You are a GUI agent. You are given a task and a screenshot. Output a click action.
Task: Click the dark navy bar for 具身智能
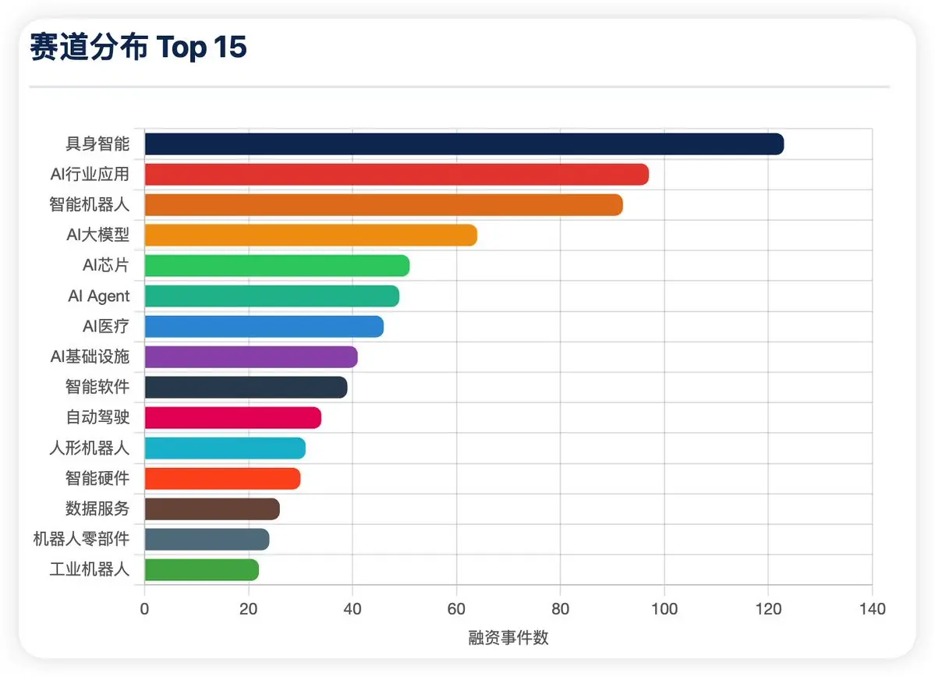coord(464,144)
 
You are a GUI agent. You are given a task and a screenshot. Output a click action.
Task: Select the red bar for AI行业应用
coord(397,175)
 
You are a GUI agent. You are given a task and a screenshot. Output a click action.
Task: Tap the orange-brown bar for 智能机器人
coord(384,205)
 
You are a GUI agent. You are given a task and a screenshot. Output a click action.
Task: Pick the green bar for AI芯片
coord(277,266)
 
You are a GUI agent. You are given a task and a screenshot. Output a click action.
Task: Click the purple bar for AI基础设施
coord(251,357)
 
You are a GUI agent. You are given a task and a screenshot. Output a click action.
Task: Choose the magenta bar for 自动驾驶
coord(232,418)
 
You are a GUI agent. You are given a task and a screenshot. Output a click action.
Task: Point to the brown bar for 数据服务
coord(211,509)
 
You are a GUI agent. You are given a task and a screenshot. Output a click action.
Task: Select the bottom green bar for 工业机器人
coord(201,570)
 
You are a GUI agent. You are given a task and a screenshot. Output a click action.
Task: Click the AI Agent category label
coord(98,296)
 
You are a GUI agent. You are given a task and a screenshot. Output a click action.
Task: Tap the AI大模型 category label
coord(97,235)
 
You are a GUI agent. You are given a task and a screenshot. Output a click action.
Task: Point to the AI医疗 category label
coord(105,326)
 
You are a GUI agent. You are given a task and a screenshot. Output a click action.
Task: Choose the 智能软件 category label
coord(97,387)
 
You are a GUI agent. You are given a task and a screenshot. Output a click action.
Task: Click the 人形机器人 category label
coord(90,448)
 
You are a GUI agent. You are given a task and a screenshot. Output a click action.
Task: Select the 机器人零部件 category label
coord(81,539)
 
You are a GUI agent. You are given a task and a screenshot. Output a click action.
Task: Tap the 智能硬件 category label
coord(97,478)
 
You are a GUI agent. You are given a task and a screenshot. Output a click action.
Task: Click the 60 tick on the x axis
coord(456,609)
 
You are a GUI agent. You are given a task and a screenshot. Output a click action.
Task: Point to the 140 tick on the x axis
coord(873,609)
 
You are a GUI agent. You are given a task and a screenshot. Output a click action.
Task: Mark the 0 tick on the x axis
coord(144,609)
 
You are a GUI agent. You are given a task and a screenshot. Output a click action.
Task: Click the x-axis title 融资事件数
coord(508,638)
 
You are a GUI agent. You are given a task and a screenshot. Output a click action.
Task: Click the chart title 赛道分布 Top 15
coord(138,47)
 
